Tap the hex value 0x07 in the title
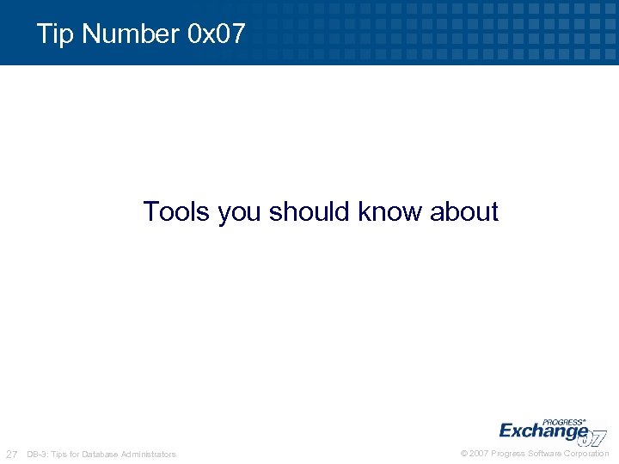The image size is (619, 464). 216,34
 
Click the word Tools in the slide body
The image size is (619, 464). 177,211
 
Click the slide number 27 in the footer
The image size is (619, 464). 12,454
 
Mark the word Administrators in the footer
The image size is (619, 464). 148,454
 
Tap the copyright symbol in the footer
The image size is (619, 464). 464,454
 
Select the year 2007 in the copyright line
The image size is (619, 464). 480,454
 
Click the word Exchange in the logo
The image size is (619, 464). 542,430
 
